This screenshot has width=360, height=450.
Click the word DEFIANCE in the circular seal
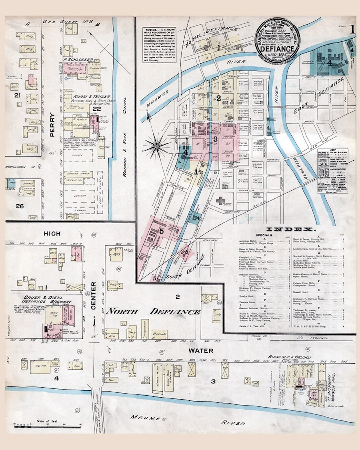[277, 48]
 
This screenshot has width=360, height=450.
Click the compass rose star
[156, 145]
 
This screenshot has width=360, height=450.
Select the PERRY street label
[52, 125]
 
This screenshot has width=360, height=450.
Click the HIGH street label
[52, 234]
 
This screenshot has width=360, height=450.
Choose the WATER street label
[201, 351]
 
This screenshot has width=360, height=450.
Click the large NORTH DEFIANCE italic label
[153, 312]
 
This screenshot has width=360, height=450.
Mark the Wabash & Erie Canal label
[125, 137]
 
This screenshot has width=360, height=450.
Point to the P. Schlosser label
[78, 59]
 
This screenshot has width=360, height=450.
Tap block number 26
[20, 206]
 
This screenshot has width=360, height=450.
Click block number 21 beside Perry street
[17, 96]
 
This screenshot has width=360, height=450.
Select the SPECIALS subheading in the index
[264, 235]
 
